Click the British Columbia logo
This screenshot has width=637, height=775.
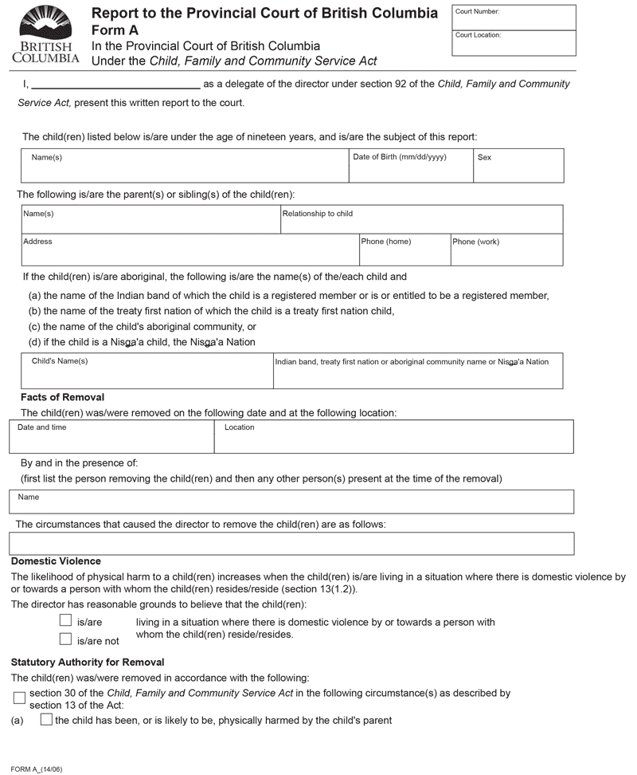pyautogui.click(x=46, y=33)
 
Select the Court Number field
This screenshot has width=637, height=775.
pyautogui.click(x=514, y=18)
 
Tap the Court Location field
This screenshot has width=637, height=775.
pyautogui.click(x=514, y=44)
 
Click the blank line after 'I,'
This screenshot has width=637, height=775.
pyautogui.click(x=115, y=84)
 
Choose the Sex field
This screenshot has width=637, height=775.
pyautogui.click(x=518, y=166)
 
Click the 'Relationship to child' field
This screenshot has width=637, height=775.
pyautogui.click(x=421, y=219)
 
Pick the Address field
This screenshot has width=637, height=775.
pyautogui.click(x=190, y=250)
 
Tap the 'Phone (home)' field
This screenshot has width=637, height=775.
pyautogui.click(x=404, y=250)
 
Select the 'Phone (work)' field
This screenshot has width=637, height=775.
pyautogui.click(x=506, y=250)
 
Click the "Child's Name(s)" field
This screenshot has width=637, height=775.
pyautogui.click(x=147, y=371)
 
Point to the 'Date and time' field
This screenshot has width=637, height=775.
pyautogui.click(x=111, y=436)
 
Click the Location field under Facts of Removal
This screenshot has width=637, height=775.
pyautogui.click(x=393, y=436)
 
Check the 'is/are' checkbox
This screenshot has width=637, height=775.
pyautogui.click(x=66, y=620)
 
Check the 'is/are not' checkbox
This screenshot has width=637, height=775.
pyautogui.click(x=66, y=639)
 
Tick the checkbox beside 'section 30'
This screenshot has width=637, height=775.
pyautogui.click(x=19, y=698)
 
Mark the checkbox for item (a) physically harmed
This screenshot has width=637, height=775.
pyautogui.click(x=46, y=719)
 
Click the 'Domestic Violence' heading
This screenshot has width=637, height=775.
pyautogui.click(x=56, y=561)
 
